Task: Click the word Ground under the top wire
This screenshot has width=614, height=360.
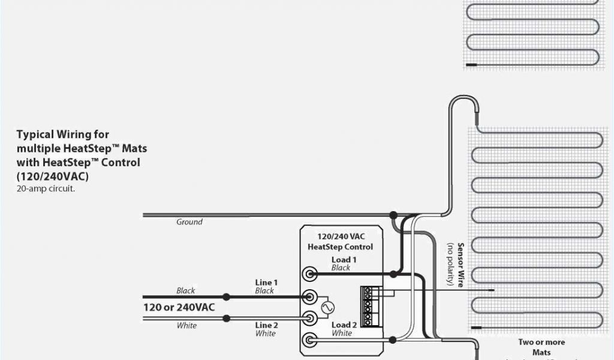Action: click(x=189, y=222)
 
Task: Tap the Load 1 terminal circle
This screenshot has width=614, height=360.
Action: click(x=310, y=274)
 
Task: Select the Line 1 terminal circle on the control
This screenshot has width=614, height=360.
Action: click(x=310, y=296)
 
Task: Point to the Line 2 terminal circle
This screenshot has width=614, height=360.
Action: click(x=310, y=318)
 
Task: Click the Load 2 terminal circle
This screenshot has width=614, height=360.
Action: click(x=310, y=340)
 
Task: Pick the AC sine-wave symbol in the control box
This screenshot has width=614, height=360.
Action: click(x=328, y=307)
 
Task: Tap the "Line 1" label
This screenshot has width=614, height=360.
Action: click(x=266, y=283)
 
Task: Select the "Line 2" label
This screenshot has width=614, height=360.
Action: click(x=266, y=325)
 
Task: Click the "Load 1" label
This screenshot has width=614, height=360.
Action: click(x=344, y=259)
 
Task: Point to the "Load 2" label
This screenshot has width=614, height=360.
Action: click(x=344, y=325)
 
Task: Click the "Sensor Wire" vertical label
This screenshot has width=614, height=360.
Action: click(x=460, y=265)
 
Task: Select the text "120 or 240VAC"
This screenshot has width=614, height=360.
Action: click(x=179, y=307)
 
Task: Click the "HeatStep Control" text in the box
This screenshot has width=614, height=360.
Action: click(x=340, y=247)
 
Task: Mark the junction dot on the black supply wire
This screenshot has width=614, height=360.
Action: click(x=226, y=296)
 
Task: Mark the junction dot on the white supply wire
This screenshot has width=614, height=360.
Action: click(x=226, y=318)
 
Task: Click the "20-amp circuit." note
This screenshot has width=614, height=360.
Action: click(x=46, y=188)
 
